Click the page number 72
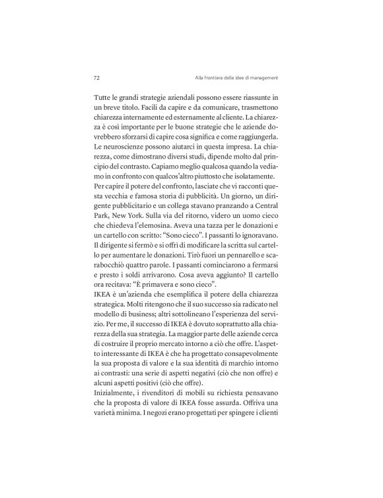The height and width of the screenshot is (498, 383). [x=97, y=77]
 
